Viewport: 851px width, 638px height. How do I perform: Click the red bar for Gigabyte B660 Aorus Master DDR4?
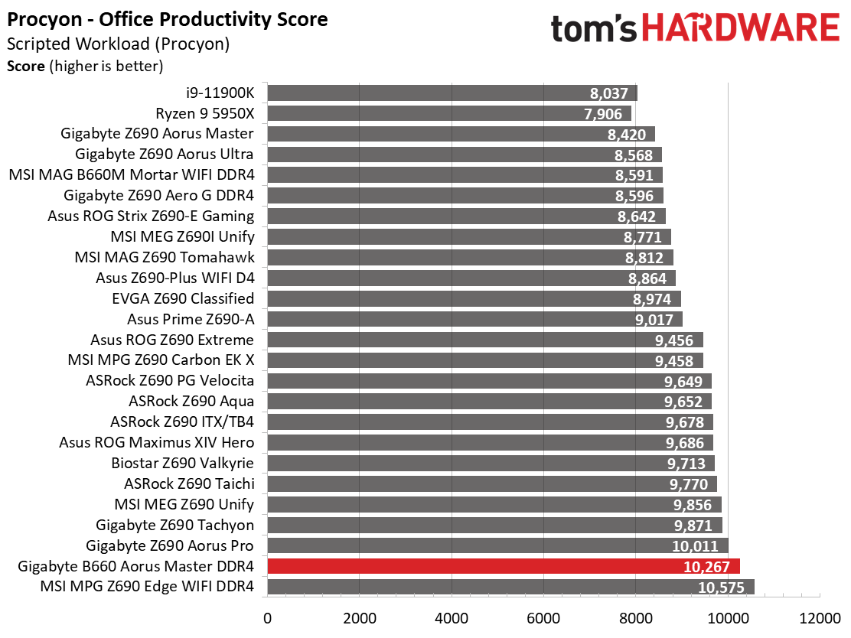(504, 566)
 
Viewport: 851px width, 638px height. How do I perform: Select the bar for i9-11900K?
(452, 93)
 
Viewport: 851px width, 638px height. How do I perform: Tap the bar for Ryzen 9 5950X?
(449, 113)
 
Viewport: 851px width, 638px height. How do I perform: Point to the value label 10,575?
(721, 588)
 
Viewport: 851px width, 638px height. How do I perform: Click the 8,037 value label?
(609, 93)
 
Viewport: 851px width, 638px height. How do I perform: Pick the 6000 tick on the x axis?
(544, 618)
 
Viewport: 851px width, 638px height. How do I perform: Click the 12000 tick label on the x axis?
(820, 618)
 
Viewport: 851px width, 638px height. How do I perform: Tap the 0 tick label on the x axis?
(268, 618)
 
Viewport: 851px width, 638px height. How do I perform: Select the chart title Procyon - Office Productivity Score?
(167, 20)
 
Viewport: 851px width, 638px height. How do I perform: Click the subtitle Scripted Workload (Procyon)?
(119, 44)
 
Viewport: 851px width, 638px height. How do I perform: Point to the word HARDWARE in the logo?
(741, 28)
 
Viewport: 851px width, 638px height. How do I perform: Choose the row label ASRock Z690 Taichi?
(189, 483)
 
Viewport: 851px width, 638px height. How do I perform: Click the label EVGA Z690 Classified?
(183, 298)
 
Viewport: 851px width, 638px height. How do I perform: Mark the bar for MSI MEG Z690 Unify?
(494, 505)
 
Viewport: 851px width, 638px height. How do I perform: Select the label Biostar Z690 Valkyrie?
(182, 463)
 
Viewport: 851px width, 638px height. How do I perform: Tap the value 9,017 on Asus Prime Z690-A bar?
(654, 320)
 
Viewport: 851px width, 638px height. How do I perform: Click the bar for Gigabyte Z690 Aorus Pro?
(497, 545)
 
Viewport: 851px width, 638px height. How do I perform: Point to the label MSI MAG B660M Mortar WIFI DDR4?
(132, 174)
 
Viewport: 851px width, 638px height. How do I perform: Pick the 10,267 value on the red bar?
(706, 567)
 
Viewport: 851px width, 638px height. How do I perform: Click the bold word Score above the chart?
(25, 67)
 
